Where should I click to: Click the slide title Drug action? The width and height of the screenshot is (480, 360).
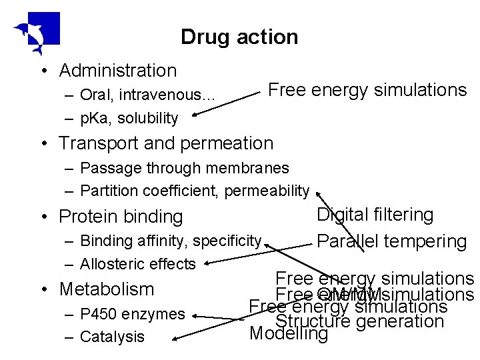click(239, 37)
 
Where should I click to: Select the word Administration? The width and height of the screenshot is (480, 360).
click(118, 71)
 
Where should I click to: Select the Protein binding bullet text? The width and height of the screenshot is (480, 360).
click(121, 217)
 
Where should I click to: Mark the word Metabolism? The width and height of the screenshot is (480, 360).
click(107, 289)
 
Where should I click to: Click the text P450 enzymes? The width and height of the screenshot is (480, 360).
click(132, 314)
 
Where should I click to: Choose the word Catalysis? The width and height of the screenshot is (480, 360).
click(112, 337)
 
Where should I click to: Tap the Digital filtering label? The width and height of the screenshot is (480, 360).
click(375, 215)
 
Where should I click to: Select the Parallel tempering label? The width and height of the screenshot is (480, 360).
click(391, 241)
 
